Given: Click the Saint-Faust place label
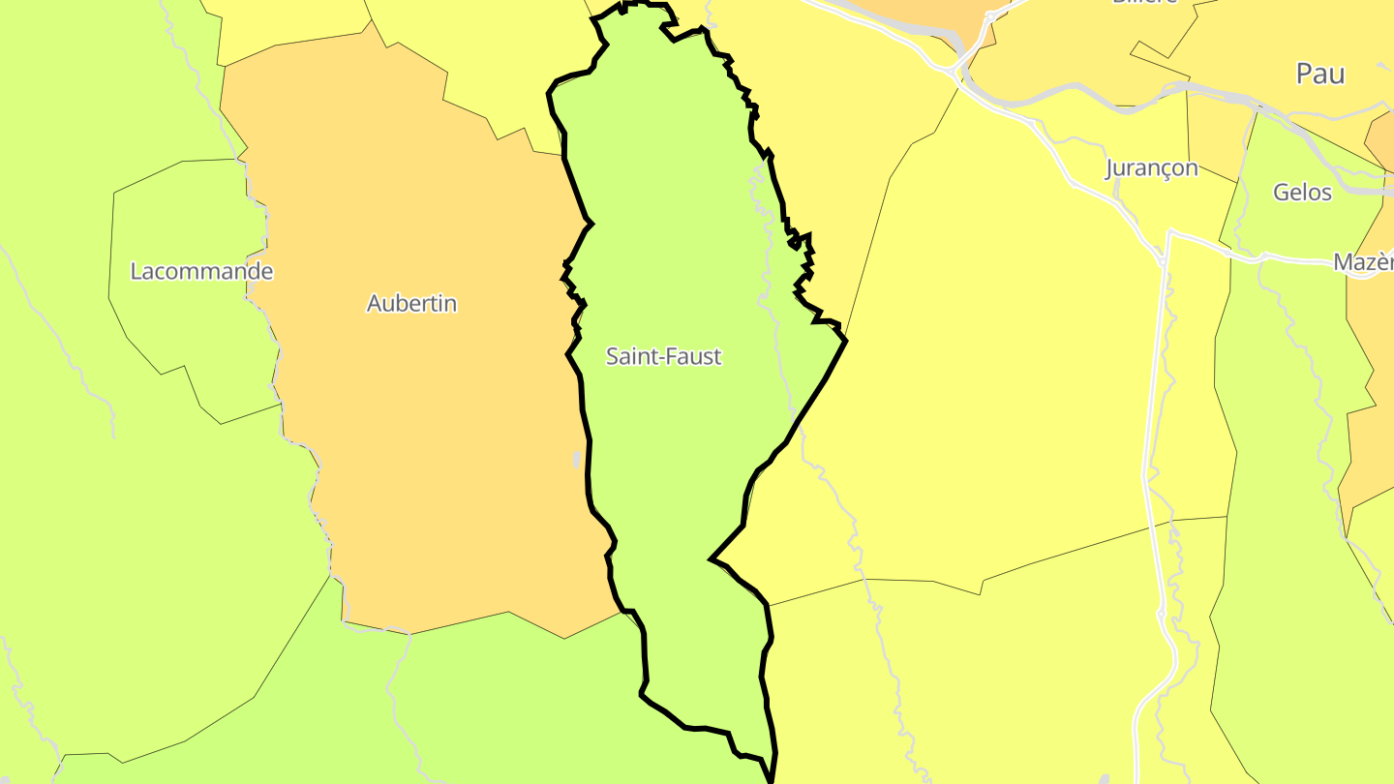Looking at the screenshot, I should point(663,356).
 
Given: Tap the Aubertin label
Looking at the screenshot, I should point(411,303).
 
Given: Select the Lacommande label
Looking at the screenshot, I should point(201,271).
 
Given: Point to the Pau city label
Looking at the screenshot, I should point(1320,74).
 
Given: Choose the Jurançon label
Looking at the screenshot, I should point(1151,168).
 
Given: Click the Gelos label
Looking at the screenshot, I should point(1302,192).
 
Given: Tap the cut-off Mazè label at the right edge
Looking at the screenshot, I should point(1364,261).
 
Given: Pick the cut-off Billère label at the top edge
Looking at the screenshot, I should point(1144,2).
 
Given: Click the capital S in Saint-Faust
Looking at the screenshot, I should point(612,356).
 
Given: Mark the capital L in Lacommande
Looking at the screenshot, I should point(136,271).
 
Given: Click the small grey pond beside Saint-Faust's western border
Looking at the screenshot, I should point(577,459).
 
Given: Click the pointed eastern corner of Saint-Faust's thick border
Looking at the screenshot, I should point(846,340).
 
